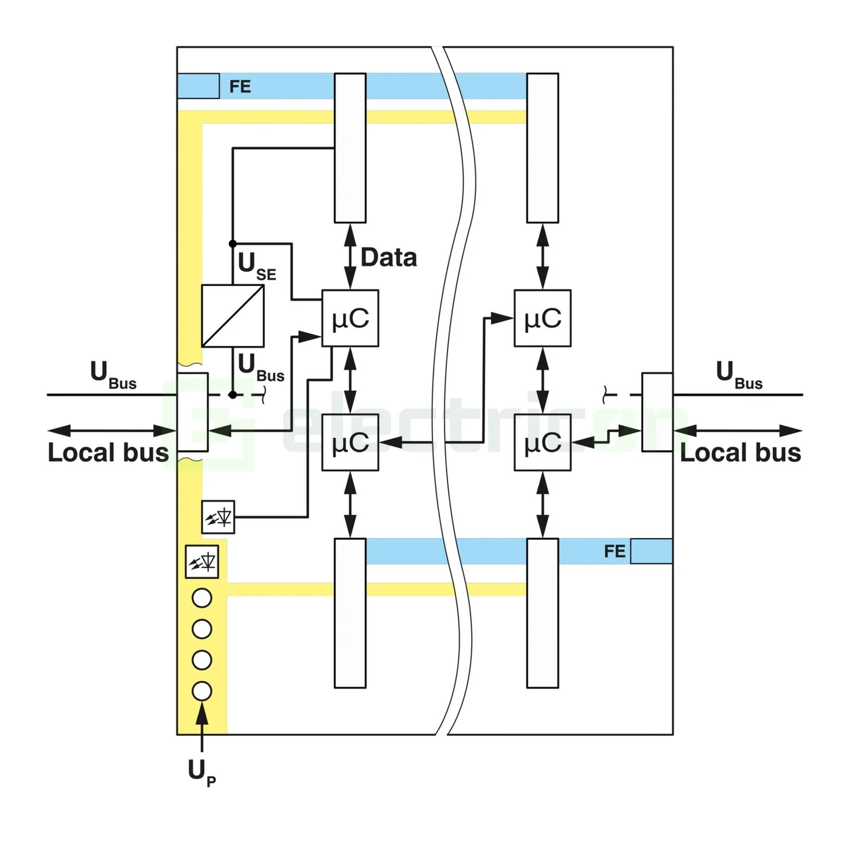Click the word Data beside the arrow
389,257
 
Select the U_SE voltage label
256,266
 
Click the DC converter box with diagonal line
233,316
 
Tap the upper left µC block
350,318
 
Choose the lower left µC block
350,442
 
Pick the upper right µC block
542,318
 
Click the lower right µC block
542,442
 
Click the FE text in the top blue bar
240,87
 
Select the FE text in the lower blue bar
614,551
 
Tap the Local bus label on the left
108,453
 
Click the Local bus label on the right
740,453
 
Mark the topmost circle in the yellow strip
202,598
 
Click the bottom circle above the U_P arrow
202,691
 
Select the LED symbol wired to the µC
218,517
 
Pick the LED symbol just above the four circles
202,562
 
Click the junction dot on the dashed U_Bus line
233,395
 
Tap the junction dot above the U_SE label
233,243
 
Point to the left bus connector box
192,412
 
